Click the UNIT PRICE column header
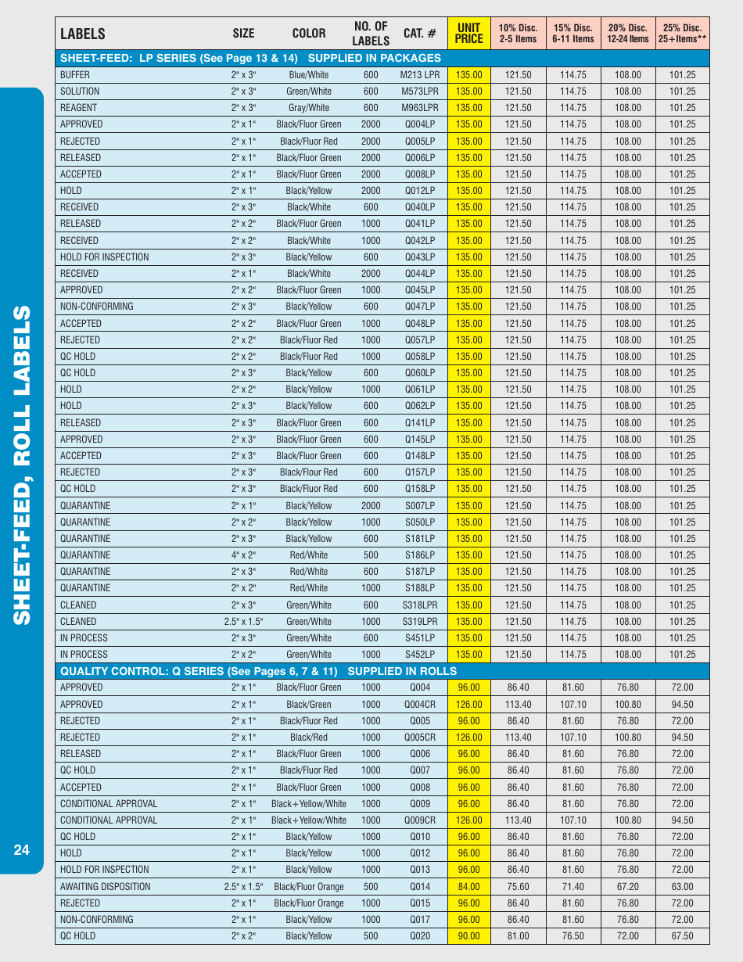coord(469,34)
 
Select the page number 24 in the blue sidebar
coord(21,850)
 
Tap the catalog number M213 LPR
coord(420,75)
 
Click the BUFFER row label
coord(75,75)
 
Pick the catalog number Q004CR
coord(420,704)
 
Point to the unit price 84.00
coord(469,886)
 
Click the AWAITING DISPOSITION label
coord(106,886)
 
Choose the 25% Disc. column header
coord(682,34)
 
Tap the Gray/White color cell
coord(309,108)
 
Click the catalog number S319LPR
coord(420,622)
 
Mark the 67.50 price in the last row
coord(682,936)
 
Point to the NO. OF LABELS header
coord(371,34)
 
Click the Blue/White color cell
coord(309,75)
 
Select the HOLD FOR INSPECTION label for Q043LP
coord(105,257)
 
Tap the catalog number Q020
coord(420,936)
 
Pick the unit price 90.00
coord(469,936)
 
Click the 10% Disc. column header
coord(518,34)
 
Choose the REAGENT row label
coord(79,108)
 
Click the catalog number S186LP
coord(420,555)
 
